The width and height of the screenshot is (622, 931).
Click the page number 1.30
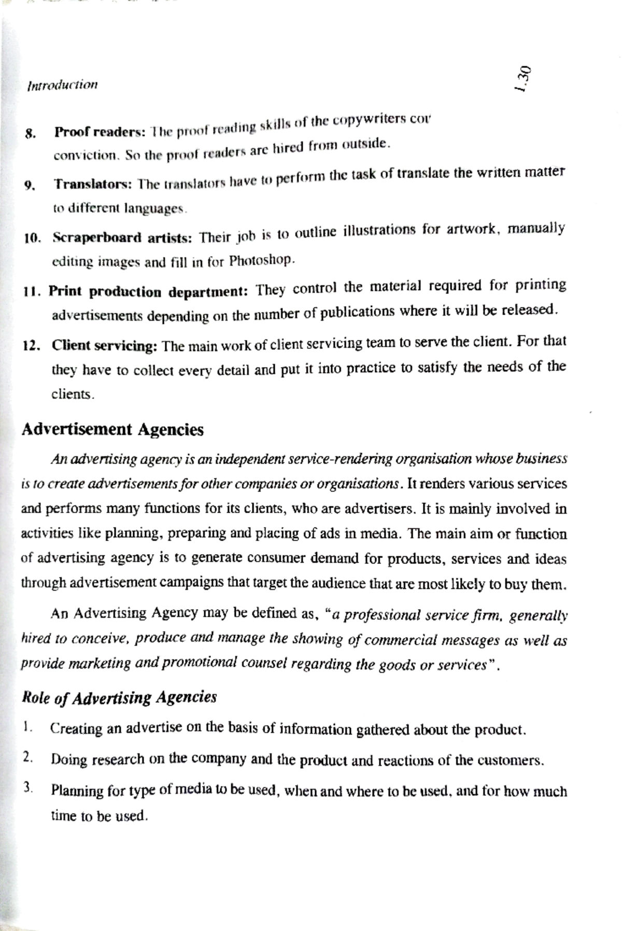(522, 79)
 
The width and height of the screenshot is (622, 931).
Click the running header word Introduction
(62, 84)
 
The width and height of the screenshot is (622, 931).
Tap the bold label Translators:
(94, 184)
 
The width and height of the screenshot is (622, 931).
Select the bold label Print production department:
(149, 292)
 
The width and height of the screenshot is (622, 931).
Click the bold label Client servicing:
(104, 346)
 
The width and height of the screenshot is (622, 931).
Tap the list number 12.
(32, 346)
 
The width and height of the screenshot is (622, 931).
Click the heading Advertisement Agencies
(112, 429)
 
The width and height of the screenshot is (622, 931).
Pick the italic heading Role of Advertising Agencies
(119, 697)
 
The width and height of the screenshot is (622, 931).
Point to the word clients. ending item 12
(73, 394)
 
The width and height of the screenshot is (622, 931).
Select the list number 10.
(32, 239)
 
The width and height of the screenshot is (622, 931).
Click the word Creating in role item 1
(76, 729)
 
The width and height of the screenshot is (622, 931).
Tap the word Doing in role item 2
(68, 759)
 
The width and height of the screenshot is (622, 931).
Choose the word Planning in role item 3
(77, 791)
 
